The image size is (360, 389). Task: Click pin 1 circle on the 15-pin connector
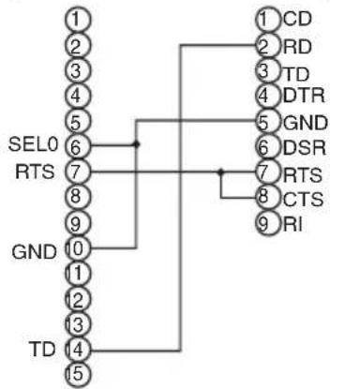click(x=78, y=19)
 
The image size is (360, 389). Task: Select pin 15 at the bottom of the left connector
click(x=78, y=374)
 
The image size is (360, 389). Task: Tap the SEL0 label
click(x=33, y=144)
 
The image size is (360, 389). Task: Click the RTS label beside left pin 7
click(x=35, y=172)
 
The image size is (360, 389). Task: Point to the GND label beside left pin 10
click(x=34, y=252)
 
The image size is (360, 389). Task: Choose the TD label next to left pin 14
click(x=42, y=349)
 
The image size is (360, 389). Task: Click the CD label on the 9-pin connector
click(x=297, y=19)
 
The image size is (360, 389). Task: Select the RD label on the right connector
click(x=297, y=47)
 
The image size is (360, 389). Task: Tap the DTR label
click(x=304, y=96)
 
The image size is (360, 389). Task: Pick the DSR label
click(x=305, y=147)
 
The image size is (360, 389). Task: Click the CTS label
click(x=303, y=199)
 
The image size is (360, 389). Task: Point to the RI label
click(x=292, y=224)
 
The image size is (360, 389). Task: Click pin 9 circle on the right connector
click(x=267, y=223)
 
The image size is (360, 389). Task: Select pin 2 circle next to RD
click(x=267, y=46)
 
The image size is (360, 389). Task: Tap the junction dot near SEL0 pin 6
click(x=136, y=144)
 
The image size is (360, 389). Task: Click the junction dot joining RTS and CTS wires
click(x=221, y=172)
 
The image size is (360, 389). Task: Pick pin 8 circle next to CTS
click(x=267, y=197)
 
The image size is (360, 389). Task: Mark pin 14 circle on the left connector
click(x=78, y=349)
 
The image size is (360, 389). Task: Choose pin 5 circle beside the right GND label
click(x=267, y=121)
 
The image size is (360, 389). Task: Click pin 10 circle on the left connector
click(x=78, y=248)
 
